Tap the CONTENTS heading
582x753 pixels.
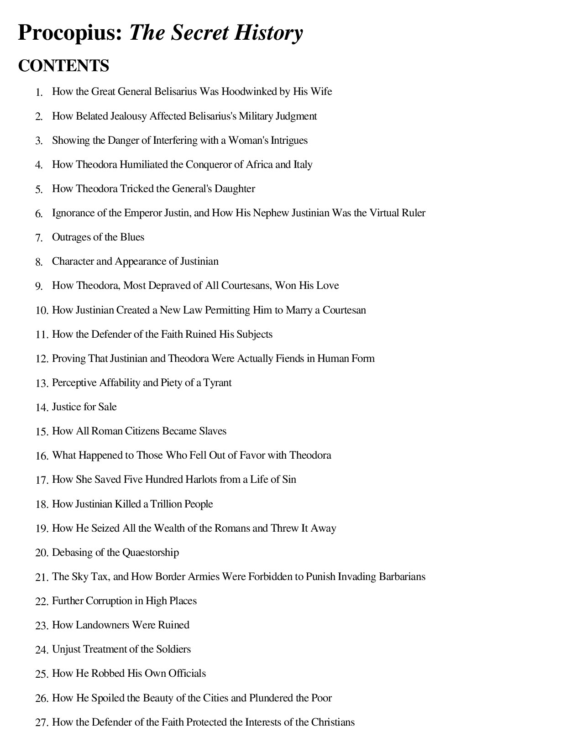(63, 66)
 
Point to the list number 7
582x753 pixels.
(39, 238)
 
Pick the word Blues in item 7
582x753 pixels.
(132, 237)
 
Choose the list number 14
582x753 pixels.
(42, 408)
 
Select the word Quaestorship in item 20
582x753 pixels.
(151, 553)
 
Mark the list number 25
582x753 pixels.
(42, 674)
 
